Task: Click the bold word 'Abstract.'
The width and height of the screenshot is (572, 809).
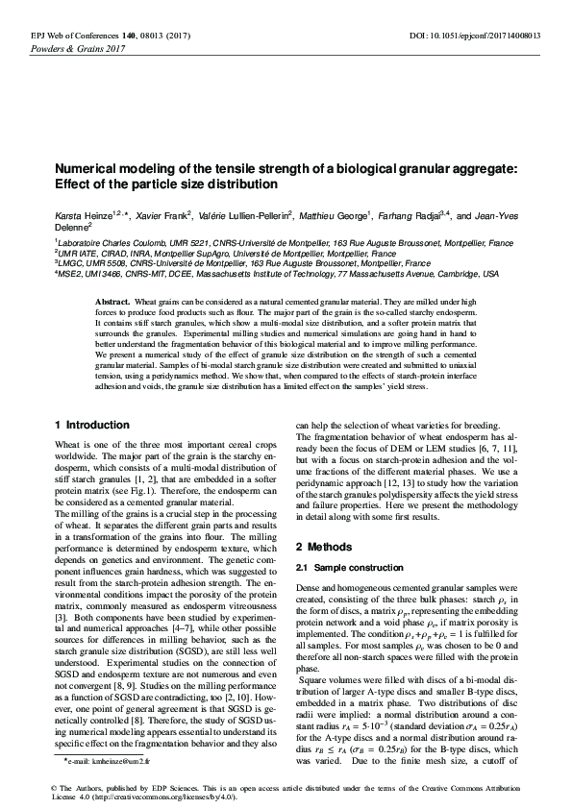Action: click(112, 302)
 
